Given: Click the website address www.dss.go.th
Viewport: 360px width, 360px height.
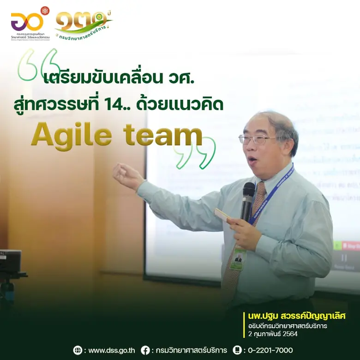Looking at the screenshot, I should point(112,350).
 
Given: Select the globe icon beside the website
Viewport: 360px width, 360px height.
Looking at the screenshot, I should point(78,350).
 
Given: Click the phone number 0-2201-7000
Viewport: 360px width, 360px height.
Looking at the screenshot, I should point(270,350).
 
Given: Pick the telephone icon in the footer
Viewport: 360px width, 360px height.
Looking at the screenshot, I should point(237,350).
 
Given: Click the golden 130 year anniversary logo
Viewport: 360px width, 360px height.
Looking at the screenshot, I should point(83,23).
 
